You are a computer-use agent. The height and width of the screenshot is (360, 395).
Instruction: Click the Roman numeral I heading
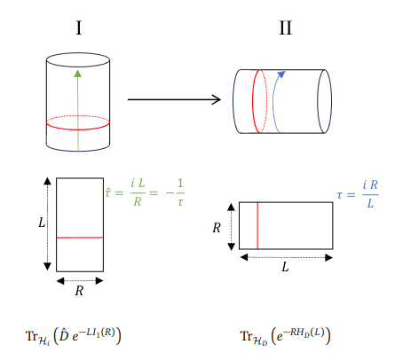click(79, 28)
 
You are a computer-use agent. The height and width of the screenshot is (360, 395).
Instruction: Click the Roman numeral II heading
click(286, 28)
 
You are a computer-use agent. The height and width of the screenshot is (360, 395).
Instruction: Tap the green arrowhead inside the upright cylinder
click(78, 74)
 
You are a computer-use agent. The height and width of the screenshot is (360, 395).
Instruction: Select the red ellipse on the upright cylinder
click(78, 128)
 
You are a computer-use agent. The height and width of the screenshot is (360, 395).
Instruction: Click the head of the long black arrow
click(217, 99)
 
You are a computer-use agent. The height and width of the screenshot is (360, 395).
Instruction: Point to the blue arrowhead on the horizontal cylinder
click(281, 74)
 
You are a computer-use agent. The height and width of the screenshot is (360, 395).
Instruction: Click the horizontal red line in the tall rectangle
click(80, 238)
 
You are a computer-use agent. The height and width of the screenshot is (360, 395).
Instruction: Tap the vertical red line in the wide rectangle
click(257, 225)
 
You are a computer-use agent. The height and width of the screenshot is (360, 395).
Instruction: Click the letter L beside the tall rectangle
click(42, 223)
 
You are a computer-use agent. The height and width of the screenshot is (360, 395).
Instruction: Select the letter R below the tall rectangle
click(79, 291)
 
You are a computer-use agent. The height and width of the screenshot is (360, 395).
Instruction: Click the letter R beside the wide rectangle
click(217, 228)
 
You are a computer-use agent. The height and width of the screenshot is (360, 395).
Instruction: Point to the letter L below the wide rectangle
click(285, 267)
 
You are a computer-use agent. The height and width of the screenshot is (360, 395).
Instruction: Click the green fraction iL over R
click(138, 192)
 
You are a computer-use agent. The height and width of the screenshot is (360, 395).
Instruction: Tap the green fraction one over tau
click(180, 192)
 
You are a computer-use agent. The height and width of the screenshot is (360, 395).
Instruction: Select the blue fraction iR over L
click(370, 194)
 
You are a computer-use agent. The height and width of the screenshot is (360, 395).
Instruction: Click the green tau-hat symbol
click(108, 192)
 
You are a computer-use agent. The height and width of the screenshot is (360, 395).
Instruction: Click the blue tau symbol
click(340, 195)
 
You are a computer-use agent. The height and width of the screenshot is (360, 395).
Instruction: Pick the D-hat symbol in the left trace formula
click(64, 336)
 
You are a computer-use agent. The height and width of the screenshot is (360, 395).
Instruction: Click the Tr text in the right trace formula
click(247, 336)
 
